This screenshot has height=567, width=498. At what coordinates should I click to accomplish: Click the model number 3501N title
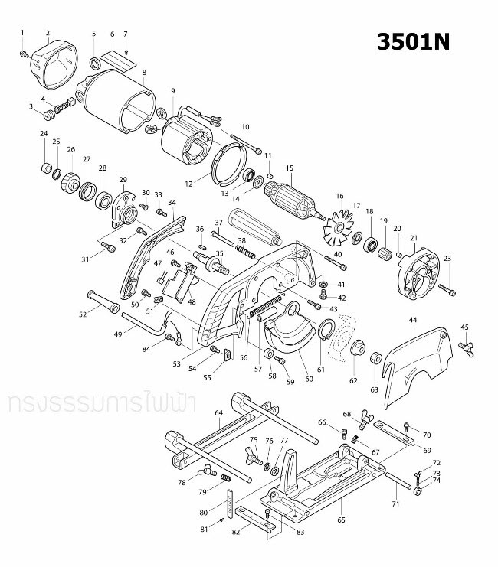click(x=413, y=43)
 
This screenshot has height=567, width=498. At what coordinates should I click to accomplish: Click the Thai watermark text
click(x=85, y=404)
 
